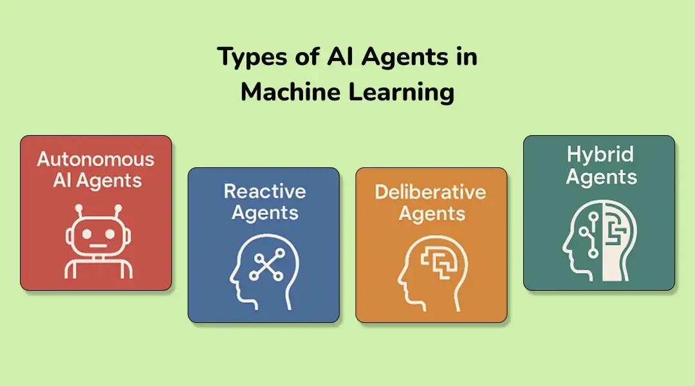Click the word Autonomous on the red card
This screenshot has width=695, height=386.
coord(96,159)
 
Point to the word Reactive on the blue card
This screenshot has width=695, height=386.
coord(264,191)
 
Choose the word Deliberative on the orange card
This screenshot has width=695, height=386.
coord(431,192)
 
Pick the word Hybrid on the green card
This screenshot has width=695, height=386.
coord(600,154)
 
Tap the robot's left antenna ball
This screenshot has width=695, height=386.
coord(80,208)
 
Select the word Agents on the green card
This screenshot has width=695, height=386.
coord(601,177)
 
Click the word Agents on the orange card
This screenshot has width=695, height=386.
coord(431,213)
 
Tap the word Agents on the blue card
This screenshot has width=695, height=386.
coord(264,212)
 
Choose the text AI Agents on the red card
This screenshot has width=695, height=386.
coord(97,180)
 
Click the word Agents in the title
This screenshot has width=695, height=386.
coord(404,57)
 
